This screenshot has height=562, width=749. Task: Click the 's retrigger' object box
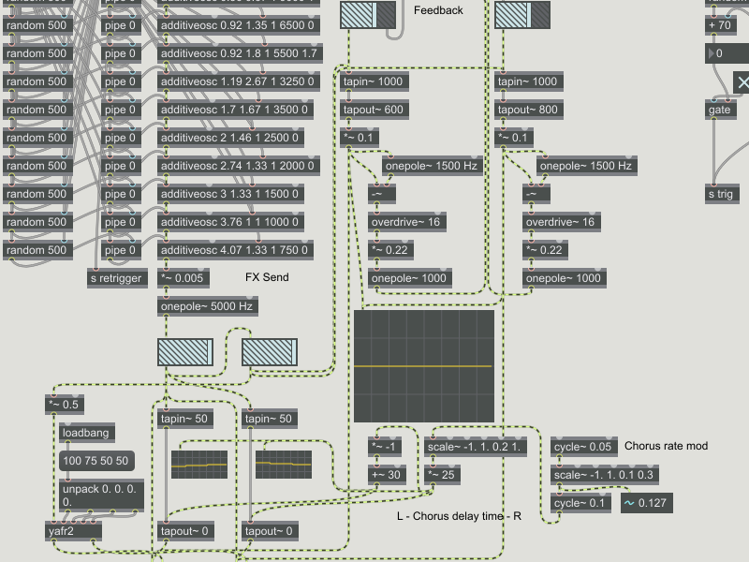coord(117,278)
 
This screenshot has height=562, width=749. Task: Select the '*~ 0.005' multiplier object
coord(184,278)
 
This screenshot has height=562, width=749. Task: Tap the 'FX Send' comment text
coord(267,278)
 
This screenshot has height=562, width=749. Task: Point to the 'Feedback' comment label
coord(438,10)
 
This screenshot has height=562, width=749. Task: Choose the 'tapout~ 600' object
coord(374,110)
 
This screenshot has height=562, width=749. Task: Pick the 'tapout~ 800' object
coord(528,110)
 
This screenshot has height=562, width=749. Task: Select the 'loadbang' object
coord(85,434)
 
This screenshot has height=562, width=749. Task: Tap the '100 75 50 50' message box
coord(95,461)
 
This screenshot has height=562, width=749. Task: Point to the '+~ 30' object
coord(385,475)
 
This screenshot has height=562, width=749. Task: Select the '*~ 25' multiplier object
coord(443,475)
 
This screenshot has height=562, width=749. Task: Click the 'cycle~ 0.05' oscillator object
coord(583,447)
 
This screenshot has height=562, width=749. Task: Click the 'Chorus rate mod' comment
coord(666,446)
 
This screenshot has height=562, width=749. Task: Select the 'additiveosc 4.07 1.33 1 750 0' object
coord(237,250)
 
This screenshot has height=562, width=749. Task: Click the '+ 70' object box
coord(722,25)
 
